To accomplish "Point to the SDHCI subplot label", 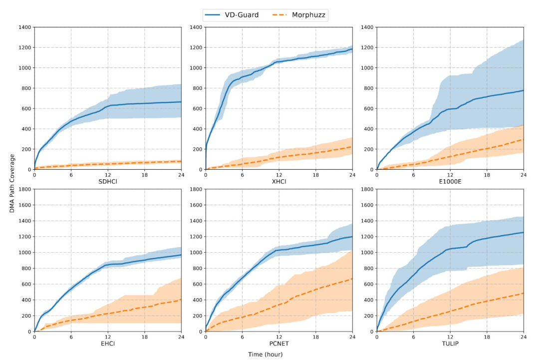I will (108, 181).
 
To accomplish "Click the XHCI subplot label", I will (279, 181).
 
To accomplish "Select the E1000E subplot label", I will (450, 181).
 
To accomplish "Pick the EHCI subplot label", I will (108, 343).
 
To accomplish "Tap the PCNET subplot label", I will (279, 343).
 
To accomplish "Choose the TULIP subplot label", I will (450, 343).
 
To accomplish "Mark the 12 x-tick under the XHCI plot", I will (279, 175).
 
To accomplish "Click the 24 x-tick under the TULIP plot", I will (524, 337).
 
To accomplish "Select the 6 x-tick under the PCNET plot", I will (243, 337).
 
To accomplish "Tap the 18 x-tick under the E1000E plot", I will (487, 175).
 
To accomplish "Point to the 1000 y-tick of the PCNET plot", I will (195, 253).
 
